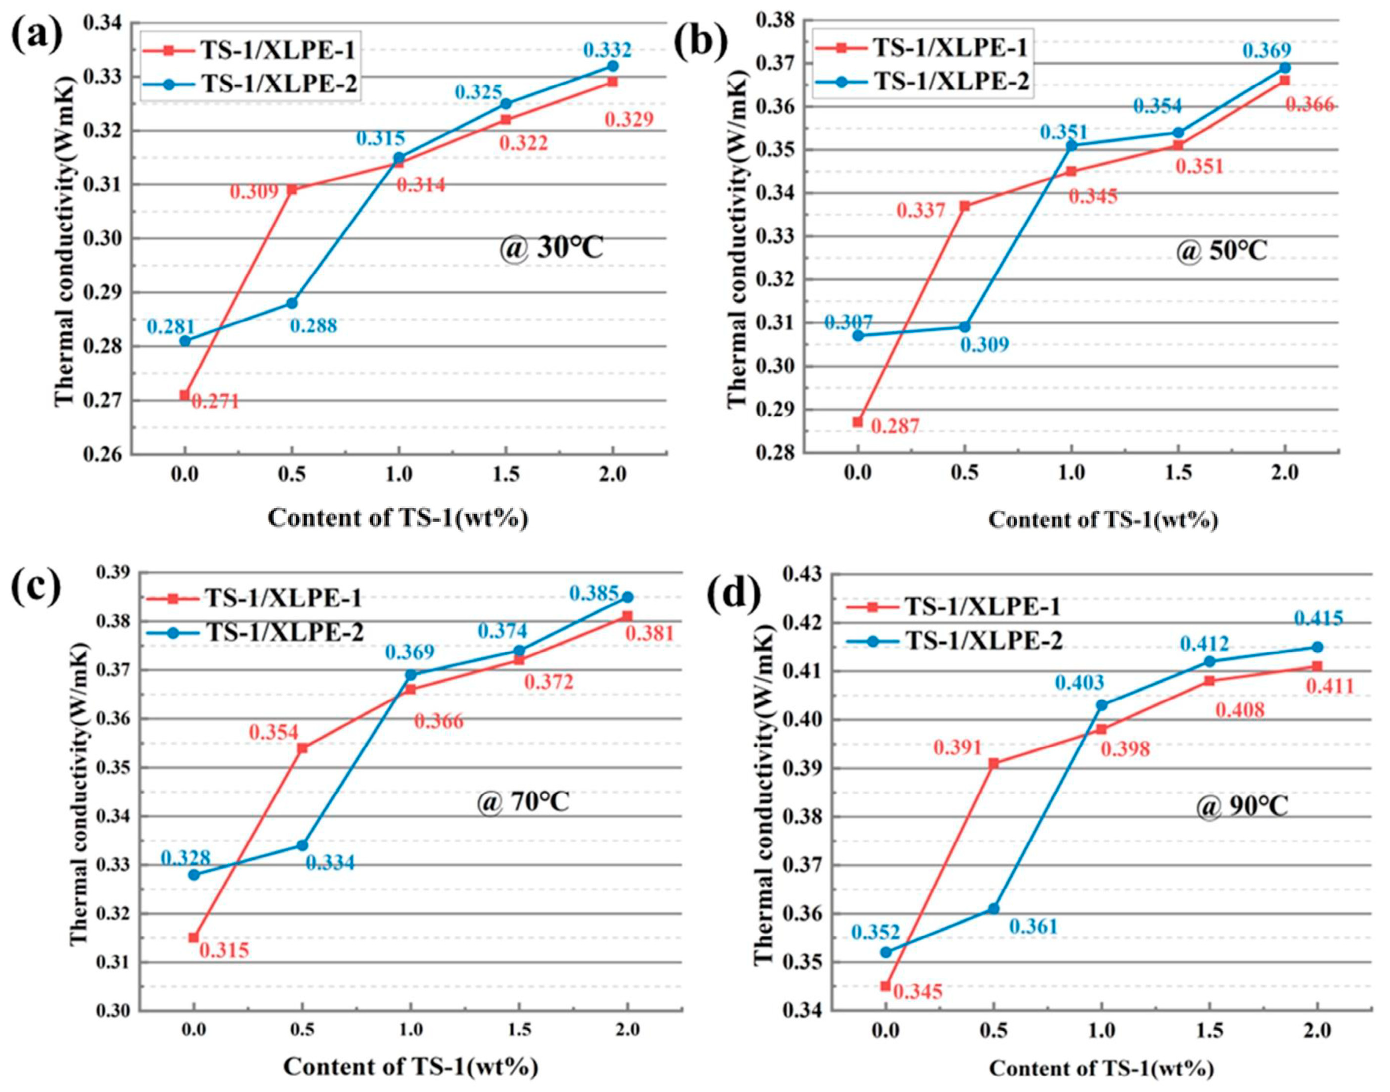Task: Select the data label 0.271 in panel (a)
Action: [x=215, y=401]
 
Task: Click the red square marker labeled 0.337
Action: [x=965, y=206]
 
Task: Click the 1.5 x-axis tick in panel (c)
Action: [x=519, y=1029]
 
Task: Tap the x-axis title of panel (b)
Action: [x=1103, y=520]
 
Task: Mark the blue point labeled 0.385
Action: [x=627, y=597]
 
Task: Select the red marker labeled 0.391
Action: [x=993, y=763]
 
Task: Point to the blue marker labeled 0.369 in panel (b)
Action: [x=1284, y=67]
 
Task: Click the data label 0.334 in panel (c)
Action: [x=329, y=863]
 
